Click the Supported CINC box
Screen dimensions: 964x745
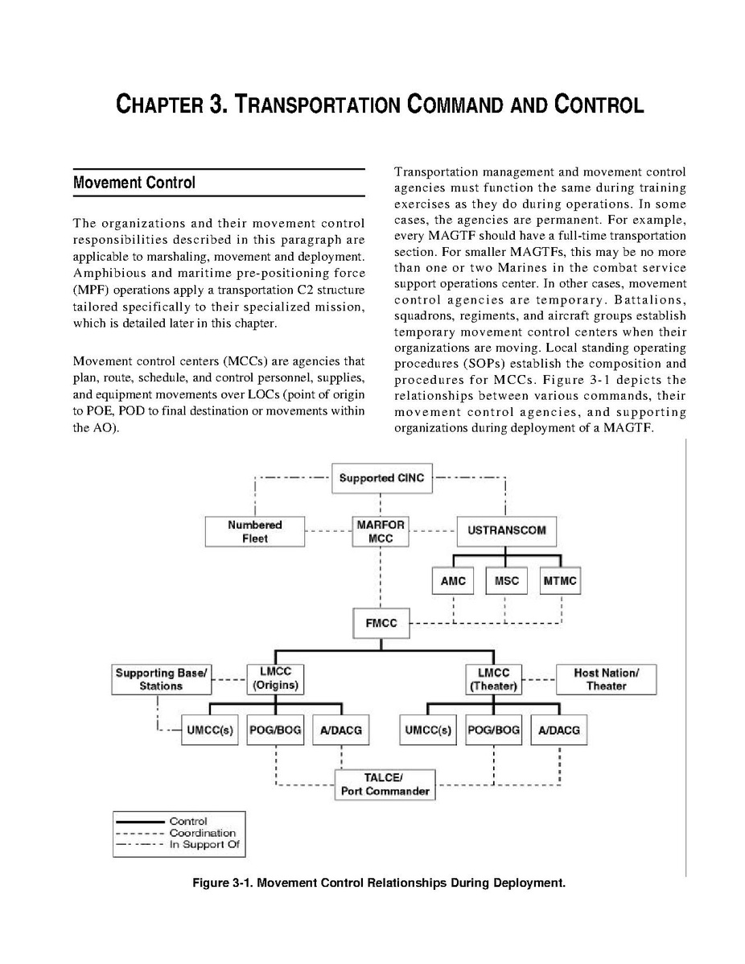click(381, 478)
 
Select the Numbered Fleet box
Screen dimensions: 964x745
click(255, 532)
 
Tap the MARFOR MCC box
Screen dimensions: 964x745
click(381, 532)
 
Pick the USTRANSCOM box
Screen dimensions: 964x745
click(506, 530)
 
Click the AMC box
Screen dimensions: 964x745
click(453, 581)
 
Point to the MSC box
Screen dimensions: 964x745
click(506, 581)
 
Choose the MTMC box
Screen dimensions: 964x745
click(560, 581)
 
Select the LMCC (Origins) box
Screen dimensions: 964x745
click(276, 679)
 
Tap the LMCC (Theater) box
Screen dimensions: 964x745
click(493, 679)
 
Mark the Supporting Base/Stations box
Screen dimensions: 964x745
click(162, 679)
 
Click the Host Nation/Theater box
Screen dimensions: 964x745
click(606, 679)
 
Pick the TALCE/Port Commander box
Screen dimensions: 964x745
click(385, 784)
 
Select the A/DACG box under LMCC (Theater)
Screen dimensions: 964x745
click(558, 731)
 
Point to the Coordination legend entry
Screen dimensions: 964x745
click(202, 833)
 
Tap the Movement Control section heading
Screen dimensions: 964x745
click(134, 183)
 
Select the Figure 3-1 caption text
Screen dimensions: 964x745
click(378, 883)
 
